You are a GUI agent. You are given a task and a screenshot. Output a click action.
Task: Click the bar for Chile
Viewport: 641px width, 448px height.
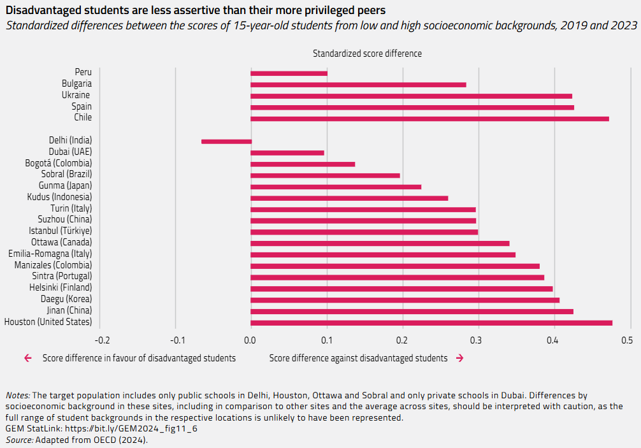click(x=429, y=119)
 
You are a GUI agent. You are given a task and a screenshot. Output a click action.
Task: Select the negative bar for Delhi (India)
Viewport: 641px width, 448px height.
click(x=226, y=141)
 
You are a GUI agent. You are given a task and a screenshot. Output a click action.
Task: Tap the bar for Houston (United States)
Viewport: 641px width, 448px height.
click(x=431, y=323)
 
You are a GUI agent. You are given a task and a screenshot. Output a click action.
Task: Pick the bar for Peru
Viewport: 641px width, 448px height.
click(x=289, y=73)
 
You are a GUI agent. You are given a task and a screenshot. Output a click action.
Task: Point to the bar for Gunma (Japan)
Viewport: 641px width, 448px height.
click(x=336, y=187)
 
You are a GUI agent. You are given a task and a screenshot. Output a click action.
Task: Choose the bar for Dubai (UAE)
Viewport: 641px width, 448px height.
click(x=287, y=153)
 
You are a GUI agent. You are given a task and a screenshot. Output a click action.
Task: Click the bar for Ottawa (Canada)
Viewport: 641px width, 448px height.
click(x=380, y=243)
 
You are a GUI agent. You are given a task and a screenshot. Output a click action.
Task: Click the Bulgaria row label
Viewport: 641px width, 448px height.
click(x=76, y=83)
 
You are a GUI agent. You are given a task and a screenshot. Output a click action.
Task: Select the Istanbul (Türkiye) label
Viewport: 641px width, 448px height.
click(x=60, y=231)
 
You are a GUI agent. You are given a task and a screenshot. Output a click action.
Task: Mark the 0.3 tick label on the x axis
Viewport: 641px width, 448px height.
click(x=479, y=339)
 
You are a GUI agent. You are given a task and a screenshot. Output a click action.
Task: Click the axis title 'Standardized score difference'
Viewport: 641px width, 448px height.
click(x=367, y=54)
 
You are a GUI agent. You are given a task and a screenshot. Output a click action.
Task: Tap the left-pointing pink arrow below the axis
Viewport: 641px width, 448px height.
click(x=27, y=358)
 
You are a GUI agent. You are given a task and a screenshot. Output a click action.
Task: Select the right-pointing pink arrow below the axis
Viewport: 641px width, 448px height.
click(x=459, y=358)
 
